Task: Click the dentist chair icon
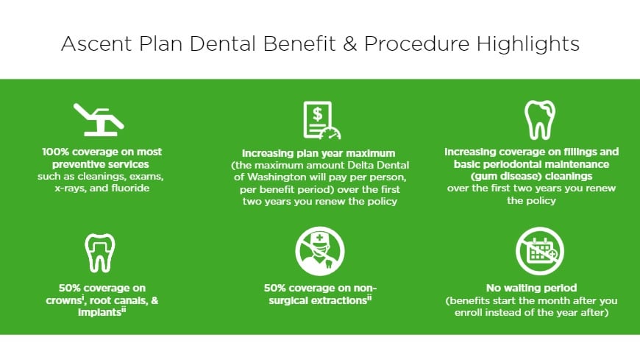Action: click(x=99, y=119)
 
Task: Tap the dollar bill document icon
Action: click(x=321, y=120)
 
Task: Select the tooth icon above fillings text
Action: click(x=540, y=120)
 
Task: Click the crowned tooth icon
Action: click(x=99, y=253)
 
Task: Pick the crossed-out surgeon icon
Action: click(x=319, y=251)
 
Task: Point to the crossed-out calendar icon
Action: click(x=540, y=251)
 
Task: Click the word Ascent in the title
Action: click(x=96, y=43)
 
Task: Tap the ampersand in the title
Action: click(x=350, y=43)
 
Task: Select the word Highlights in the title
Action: click(x=527, y=43)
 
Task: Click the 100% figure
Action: click(x=55, y=152)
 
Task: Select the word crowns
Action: click(x=64, y=301)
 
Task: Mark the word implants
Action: click(x=99, y=313)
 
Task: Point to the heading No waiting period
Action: click(x=531, y=288)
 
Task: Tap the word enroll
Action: click(x=468, y=313)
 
